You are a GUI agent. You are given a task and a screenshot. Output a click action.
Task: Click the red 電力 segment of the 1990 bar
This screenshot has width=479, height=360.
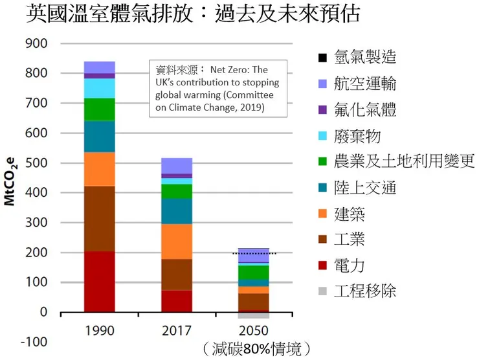point(99,282)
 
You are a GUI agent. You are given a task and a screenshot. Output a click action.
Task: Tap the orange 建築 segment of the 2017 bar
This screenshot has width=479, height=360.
point(177,241)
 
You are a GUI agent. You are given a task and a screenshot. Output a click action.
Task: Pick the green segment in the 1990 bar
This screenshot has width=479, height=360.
point(99,109)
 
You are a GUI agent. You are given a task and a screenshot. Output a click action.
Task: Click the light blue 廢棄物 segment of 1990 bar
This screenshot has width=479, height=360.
point(99,88)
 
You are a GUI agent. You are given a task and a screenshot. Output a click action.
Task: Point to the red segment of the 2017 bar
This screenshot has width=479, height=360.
point(177,301)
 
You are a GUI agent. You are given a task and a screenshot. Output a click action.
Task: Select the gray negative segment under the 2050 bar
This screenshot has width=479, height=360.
point(253,315)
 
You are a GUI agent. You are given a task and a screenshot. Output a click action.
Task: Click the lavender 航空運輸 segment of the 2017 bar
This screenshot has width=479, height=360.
point(177,166)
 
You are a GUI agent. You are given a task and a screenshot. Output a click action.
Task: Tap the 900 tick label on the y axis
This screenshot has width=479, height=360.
point(36,43)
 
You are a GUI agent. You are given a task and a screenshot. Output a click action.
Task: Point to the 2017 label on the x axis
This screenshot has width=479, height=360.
point(177,331)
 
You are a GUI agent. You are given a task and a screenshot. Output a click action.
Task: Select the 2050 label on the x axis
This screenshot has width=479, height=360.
point(253,331)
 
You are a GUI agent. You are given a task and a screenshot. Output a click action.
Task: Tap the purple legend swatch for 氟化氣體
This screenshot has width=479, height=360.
point(322,110)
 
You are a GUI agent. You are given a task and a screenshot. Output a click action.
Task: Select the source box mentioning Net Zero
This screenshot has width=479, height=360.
point(218,88)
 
